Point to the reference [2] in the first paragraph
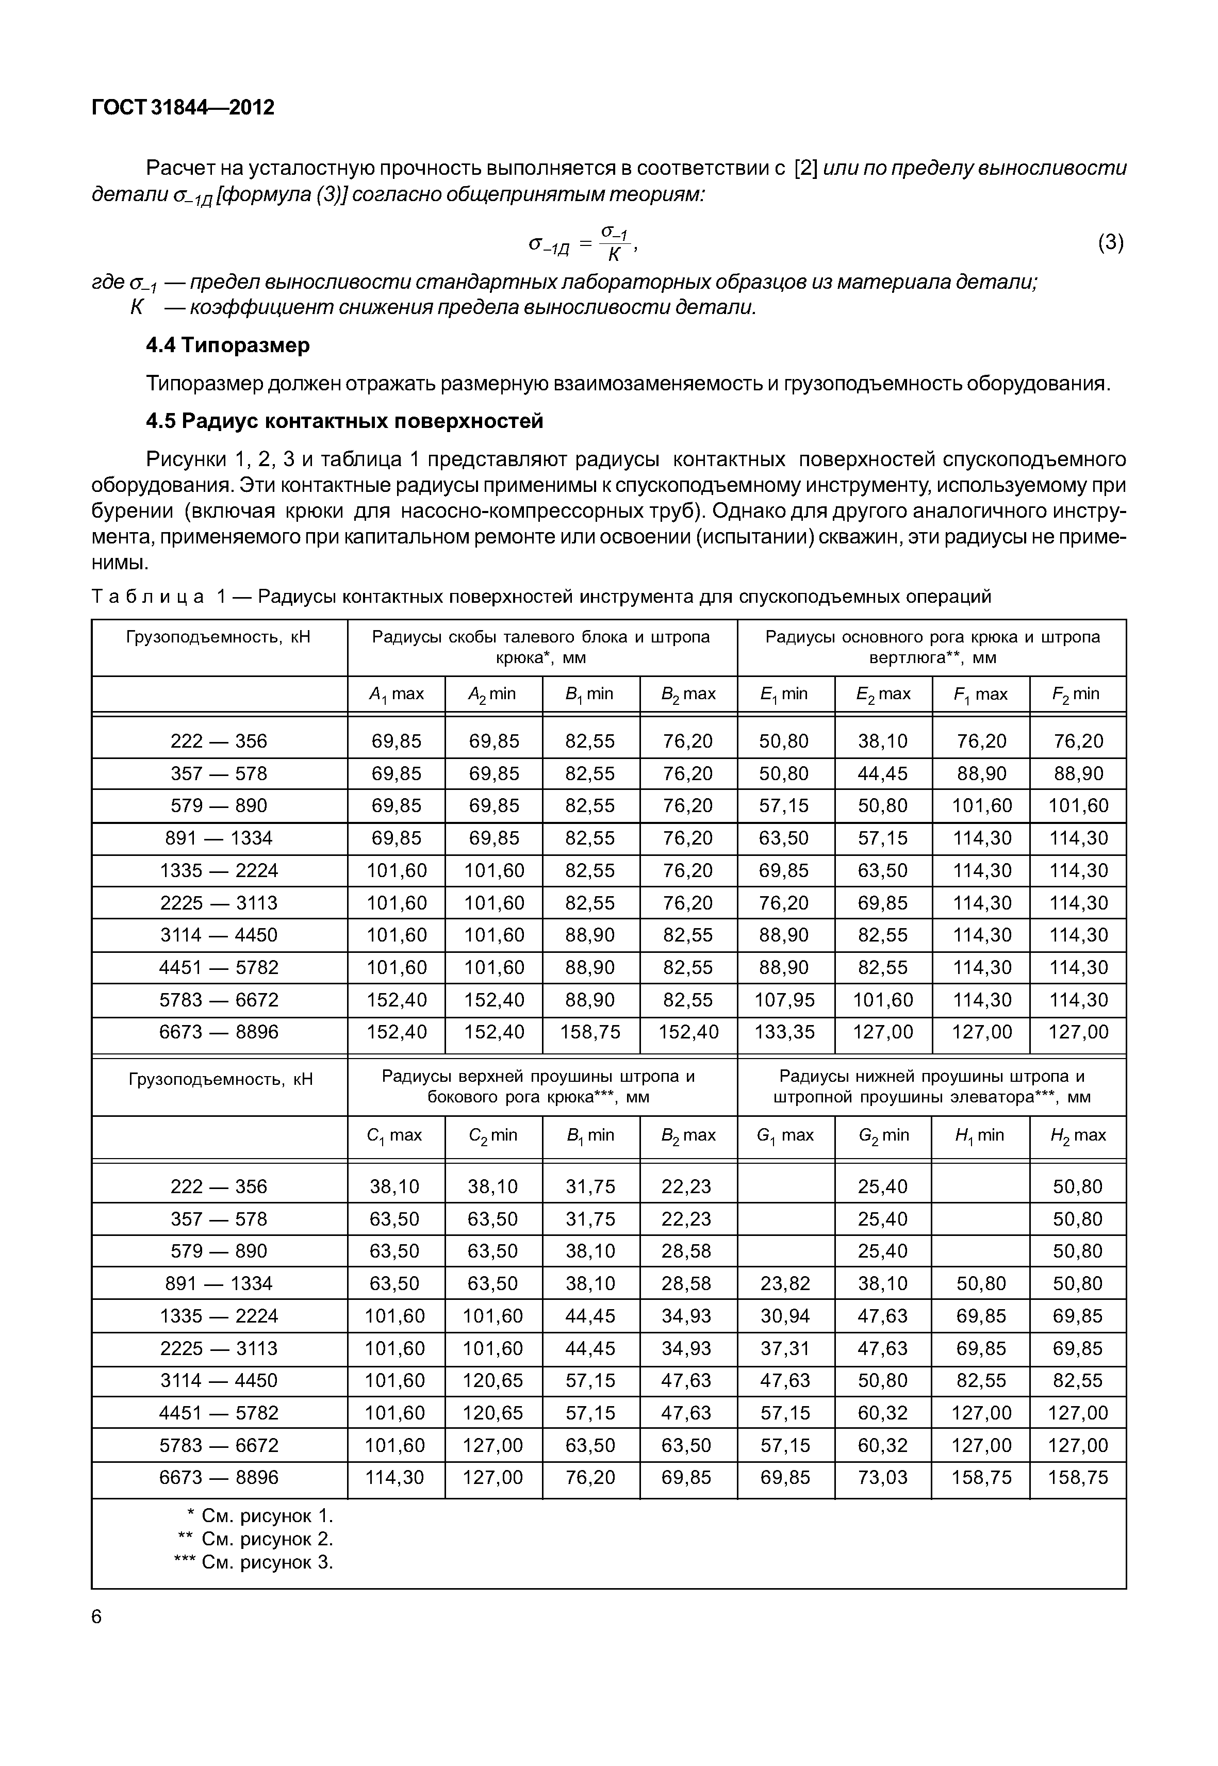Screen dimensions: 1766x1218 click(x=806, y=168)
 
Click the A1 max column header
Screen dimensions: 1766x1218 click(x=396, y=694)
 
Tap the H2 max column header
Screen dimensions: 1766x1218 click(x=1078, y=1135)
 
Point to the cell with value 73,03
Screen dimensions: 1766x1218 click(x=882, y=1478)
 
